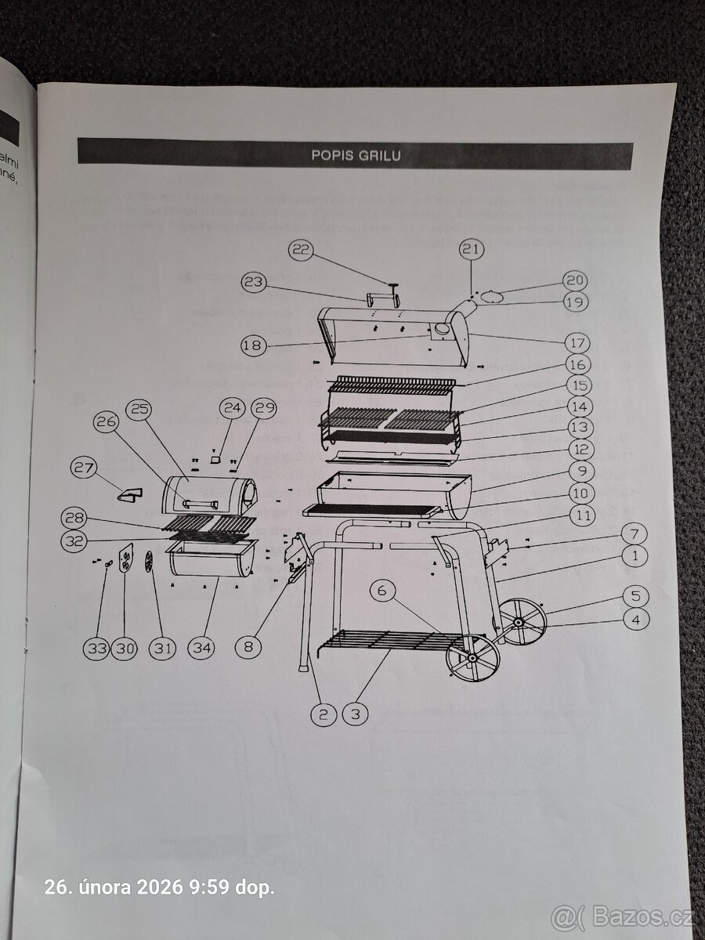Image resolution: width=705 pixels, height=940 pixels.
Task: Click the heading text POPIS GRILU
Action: (356, 155)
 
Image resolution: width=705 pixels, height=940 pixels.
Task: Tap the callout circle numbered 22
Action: (302, 251)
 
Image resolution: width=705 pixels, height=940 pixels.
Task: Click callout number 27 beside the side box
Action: (85, 469)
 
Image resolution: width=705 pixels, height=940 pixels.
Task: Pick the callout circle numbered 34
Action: (202, 648)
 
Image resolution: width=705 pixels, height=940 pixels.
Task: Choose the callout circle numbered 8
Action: (249, 647)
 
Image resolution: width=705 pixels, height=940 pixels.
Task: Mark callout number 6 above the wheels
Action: (382, 592)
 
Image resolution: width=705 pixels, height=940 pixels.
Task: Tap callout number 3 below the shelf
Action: (356, 714)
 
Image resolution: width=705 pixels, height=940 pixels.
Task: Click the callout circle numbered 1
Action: (634, 558)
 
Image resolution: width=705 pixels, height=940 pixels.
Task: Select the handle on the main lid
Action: (381, 299)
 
